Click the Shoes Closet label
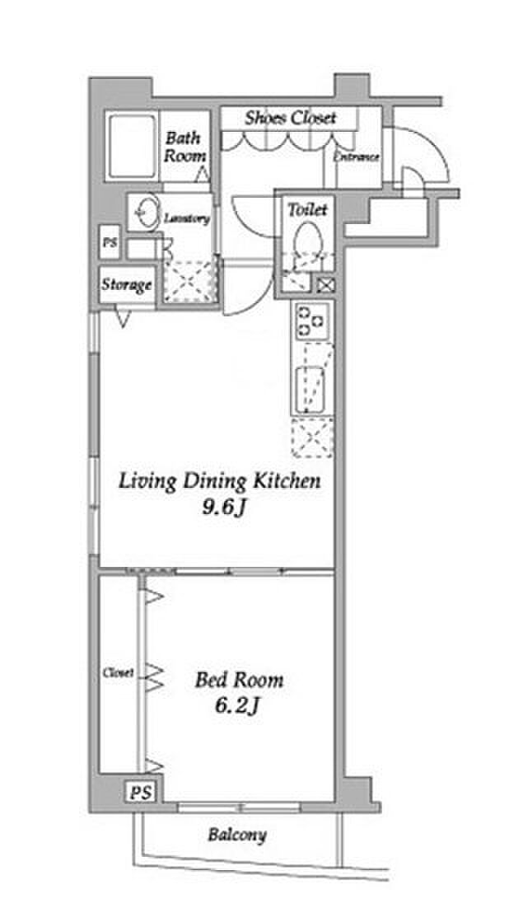pyautogui.click(x=290, y=118)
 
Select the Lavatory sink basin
pyautogui.click(x=146, y=213)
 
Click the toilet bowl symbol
pyautogui.click(x=307, y=242)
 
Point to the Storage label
pyautogui.click(x=127, y=285)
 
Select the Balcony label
pyautogui.click(x=237, y=835)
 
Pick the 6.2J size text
pyautogui.click(x=237, y=705)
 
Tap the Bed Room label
pyautogui.click(x=239, y=679)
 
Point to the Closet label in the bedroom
pyautogui.click(x=119, y=673)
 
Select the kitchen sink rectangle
pyautogui.click(x=310, y=390)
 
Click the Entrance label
pyautogui.click(x=356, y=157)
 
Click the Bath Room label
pyautogui.click(x=184, y=147)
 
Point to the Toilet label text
pyautogui.click(x=307, y=209)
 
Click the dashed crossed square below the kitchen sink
pyautogui.click(x=312, y=438)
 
